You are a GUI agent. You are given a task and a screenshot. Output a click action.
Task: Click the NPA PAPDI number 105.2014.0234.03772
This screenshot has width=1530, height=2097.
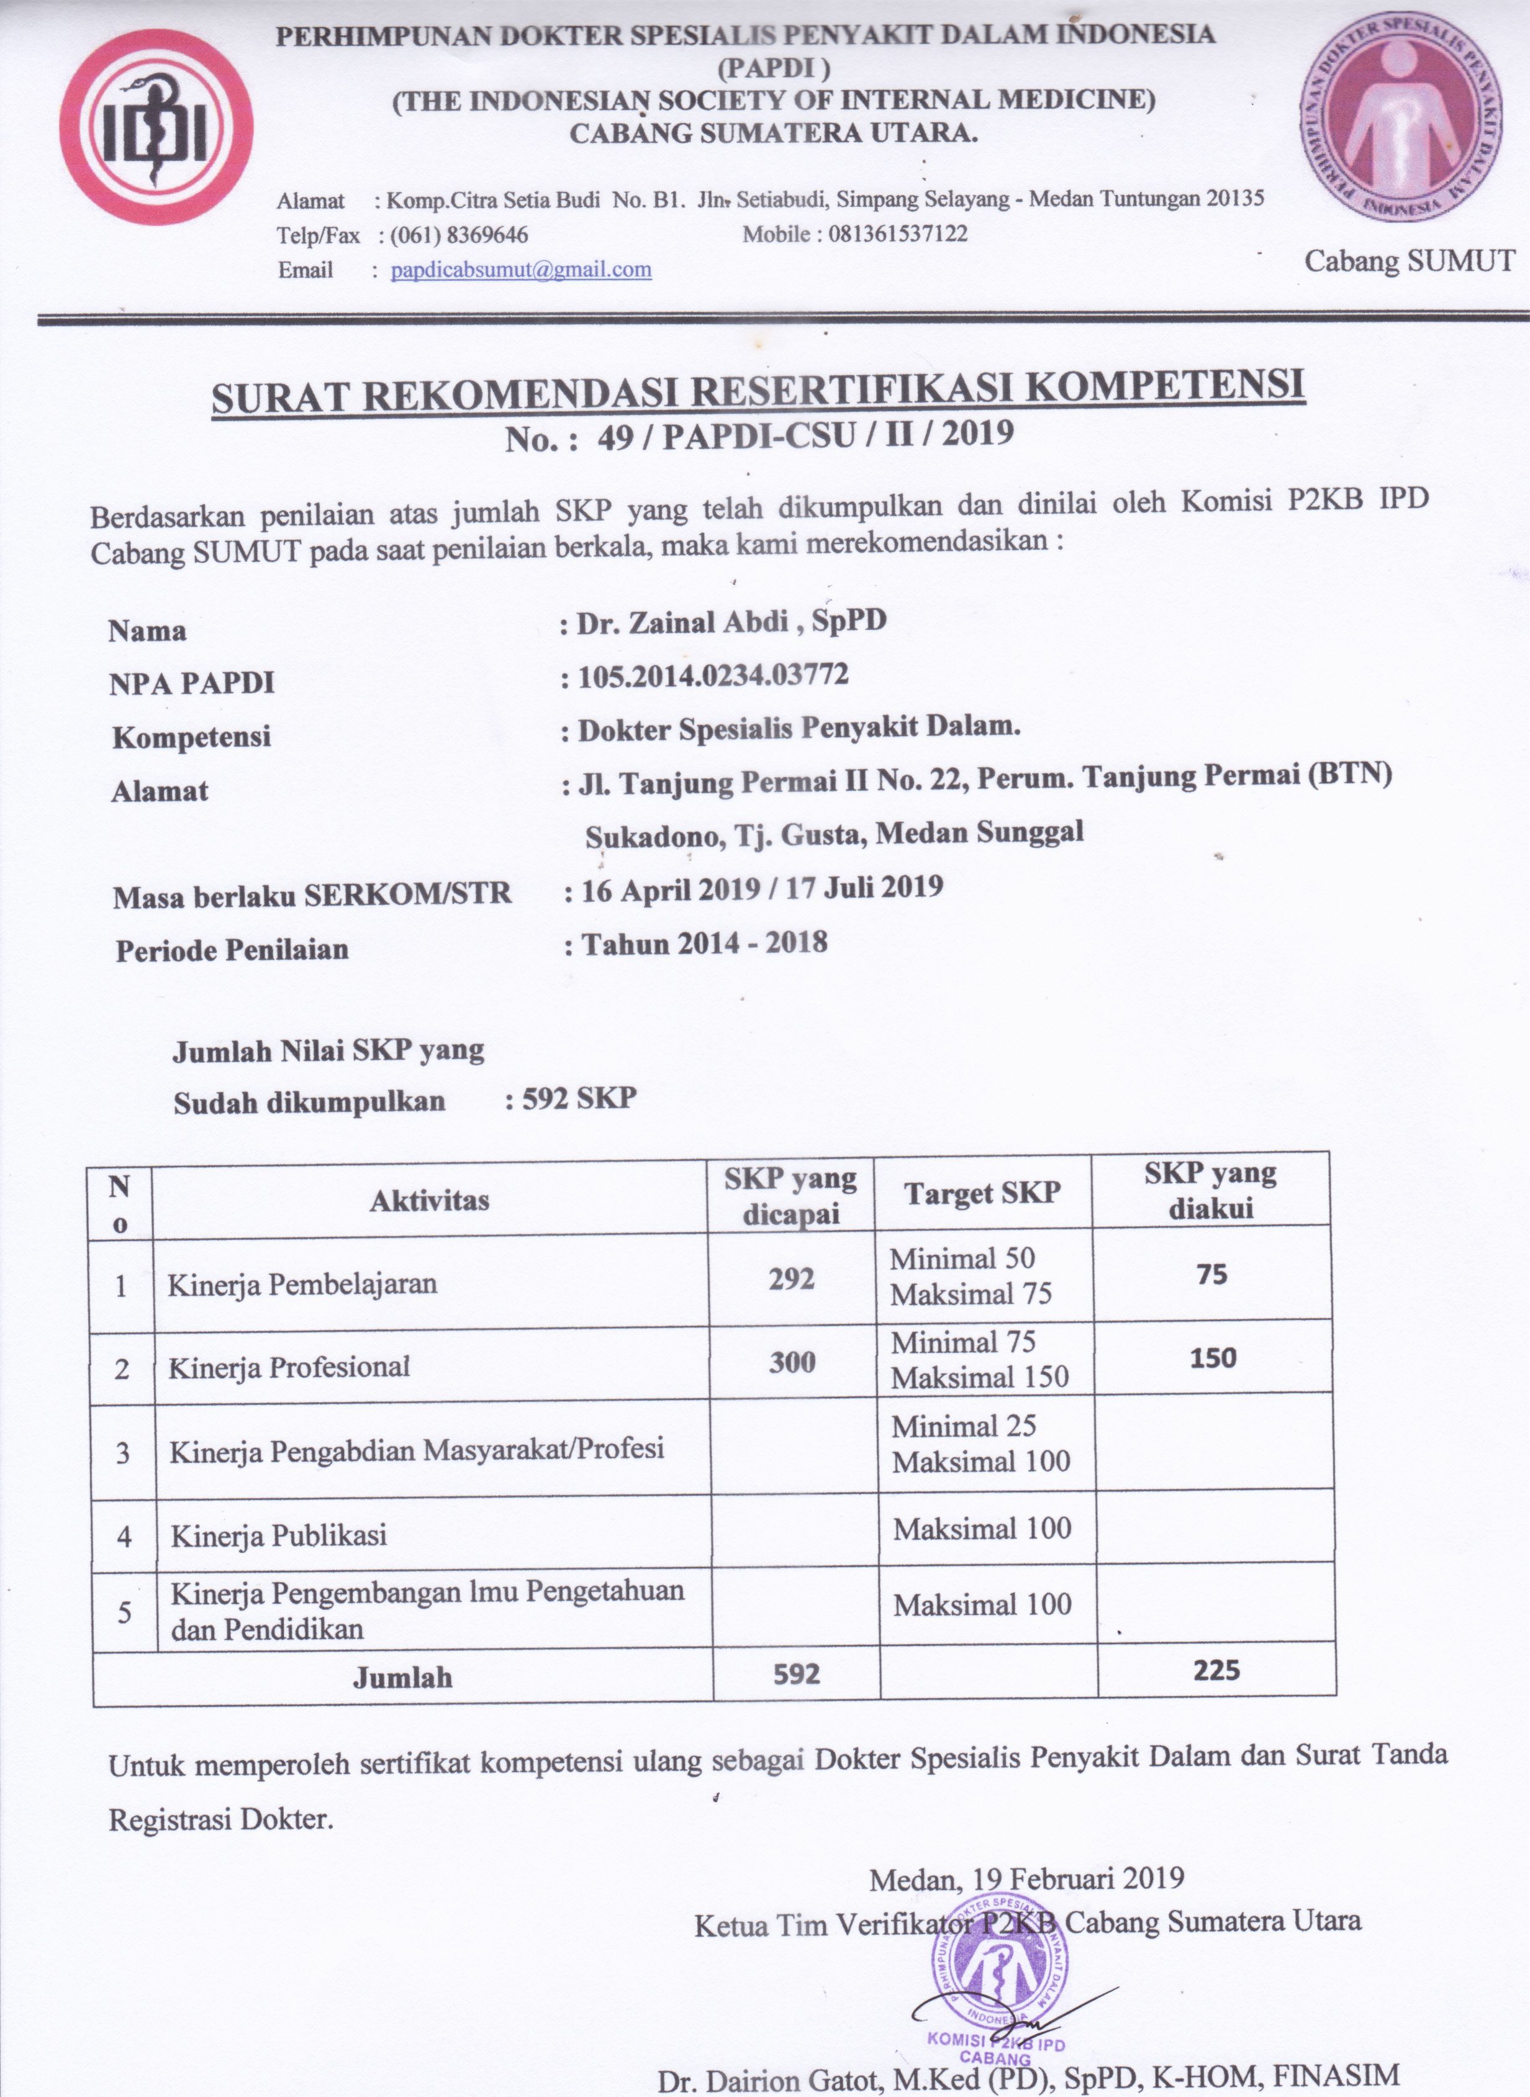713,676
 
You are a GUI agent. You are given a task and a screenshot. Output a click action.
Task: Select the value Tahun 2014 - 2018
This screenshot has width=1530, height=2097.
704,944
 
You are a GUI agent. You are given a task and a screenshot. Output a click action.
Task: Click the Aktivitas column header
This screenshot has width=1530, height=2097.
429,1201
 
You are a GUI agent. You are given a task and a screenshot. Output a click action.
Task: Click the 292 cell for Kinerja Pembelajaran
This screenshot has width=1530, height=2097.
792,1279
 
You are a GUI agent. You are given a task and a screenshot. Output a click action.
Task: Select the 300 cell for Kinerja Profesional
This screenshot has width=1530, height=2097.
792,1362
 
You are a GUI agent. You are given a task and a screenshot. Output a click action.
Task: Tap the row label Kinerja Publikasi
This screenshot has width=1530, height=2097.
278,1535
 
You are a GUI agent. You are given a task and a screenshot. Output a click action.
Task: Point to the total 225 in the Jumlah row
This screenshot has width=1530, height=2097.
1216,1670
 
